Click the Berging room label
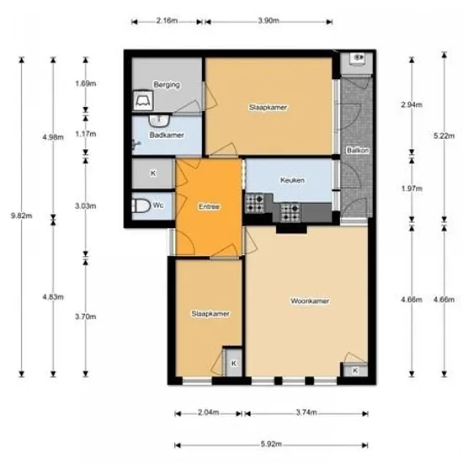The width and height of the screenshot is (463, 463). tap(167, 85)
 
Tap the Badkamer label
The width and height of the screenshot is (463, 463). tap(167, 135)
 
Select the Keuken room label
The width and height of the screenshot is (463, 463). tap(292, 180)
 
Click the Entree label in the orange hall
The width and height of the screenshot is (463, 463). tap(209, 206)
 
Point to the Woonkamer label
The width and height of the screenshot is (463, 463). tap(310, 301)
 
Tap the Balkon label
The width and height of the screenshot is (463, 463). tap(358, 151)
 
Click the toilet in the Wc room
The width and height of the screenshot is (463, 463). tap(141, 205)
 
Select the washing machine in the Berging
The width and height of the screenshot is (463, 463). tap(143, 101)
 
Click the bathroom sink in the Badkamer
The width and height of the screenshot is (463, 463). tap(159, 120)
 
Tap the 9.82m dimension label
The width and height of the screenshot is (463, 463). tap(22, 216)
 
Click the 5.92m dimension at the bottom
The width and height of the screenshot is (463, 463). tap(271, 444)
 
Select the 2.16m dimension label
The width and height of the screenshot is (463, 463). tap(168, 21)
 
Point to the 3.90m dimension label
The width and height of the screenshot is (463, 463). tap(269, 21)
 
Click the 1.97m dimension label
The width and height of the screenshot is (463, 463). tap(412, 189)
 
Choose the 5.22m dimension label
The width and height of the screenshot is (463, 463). tap(444, 136)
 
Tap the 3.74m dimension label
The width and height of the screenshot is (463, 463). tap(306, 412)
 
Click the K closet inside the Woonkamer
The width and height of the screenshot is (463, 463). tap(355, 370)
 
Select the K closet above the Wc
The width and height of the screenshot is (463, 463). tap(153, 173)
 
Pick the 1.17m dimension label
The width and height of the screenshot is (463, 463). tap(86, 134)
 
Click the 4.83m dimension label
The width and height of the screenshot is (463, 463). tap(53, 297)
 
